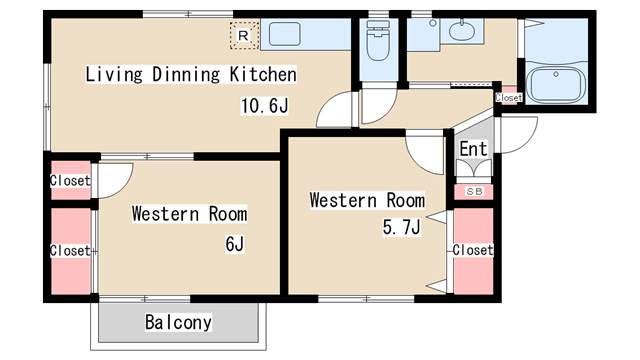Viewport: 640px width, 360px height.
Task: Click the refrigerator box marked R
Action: (x=243, y=35)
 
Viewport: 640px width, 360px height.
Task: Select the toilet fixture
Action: (x=377, y=44)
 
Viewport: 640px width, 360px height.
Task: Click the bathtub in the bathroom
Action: (x=557, y=84)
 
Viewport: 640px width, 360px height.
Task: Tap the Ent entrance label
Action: (x=473, y=149)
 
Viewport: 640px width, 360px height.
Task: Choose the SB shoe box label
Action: (x=473, y=191)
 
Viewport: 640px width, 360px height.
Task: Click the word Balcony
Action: (x=178, y=322)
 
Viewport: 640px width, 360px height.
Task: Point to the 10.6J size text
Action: (x=265, y=103)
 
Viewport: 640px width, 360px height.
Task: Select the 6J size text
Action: (x=235, y=242)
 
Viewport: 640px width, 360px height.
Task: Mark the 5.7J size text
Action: (x=400, y=228)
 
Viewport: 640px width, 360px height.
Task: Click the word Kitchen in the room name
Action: (x=263, y=74)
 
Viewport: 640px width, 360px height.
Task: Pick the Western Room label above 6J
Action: (x=189, y=213)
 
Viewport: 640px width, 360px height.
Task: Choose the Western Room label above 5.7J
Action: (x=367, y=200)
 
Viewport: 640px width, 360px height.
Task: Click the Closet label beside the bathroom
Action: (x=508, y=98)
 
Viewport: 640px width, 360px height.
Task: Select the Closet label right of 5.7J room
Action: (x=473, y=250)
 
